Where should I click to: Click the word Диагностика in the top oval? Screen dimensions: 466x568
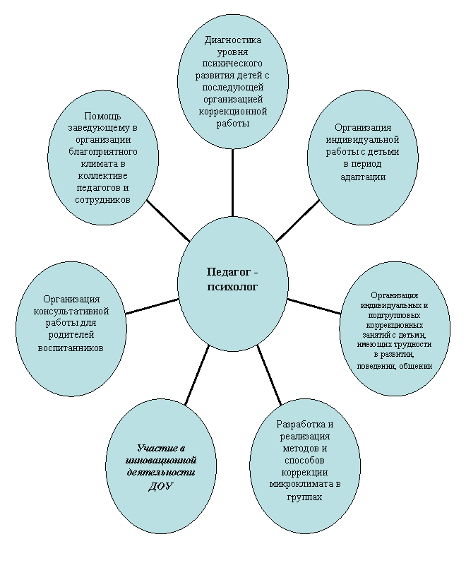point(232,40)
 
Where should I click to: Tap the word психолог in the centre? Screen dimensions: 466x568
point(233,287)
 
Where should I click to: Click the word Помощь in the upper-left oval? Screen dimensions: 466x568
point(102,117)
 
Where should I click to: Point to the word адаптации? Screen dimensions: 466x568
point(363,177)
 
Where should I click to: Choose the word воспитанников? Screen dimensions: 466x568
point(71,348)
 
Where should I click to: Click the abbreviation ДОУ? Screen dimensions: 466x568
point(161,487)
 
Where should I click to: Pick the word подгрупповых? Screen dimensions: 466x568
point(394,315)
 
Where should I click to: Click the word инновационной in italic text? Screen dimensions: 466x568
point(161,461)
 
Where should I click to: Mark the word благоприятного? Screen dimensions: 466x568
point(103,151)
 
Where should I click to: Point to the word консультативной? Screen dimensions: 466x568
point(71,311)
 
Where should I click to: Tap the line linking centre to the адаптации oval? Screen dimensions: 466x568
point(298,220)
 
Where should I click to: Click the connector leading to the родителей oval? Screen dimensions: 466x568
point(152,306)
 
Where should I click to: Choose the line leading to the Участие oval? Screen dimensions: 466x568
point(197,375)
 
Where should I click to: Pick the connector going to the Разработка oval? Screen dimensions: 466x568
point(270,375)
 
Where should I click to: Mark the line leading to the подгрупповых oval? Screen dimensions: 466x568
point(314,306)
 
